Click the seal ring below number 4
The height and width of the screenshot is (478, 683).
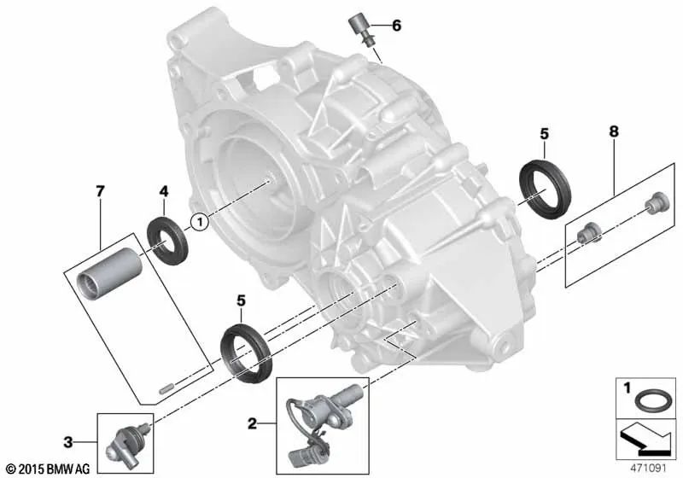click(x=166, y=242)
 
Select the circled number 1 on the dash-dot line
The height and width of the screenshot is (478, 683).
click(x=199, y=222)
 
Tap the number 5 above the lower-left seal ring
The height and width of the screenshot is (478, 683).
click(x=242, y=300)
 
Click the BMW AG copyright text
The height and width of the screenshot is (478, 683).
click(x=49, y=469)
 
